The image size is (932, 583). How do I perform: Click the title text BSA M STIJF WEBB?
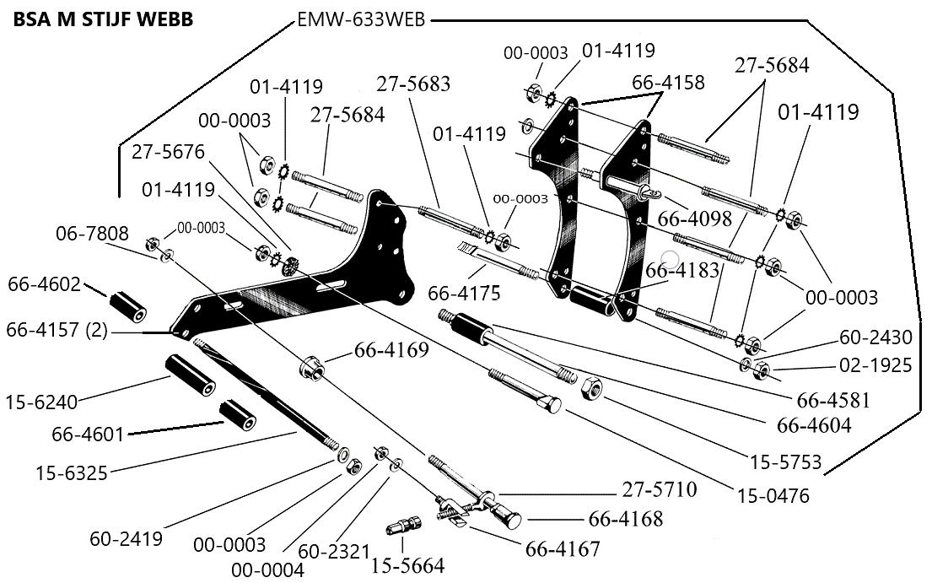(103, 19)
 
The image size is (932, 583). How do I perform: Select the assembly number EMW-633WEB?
(362, 19)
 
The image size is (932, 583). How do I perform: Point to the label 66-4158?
(668, 83)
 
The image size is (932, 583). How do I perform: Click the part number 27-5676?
(169, 152)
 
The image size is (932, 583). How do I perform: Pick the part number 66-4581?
(829, 400)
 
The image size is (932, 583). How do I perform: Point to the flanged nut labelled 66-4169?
(310, 367)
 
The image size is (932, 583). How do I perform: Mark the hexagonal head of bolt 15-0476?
(552, 406)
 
